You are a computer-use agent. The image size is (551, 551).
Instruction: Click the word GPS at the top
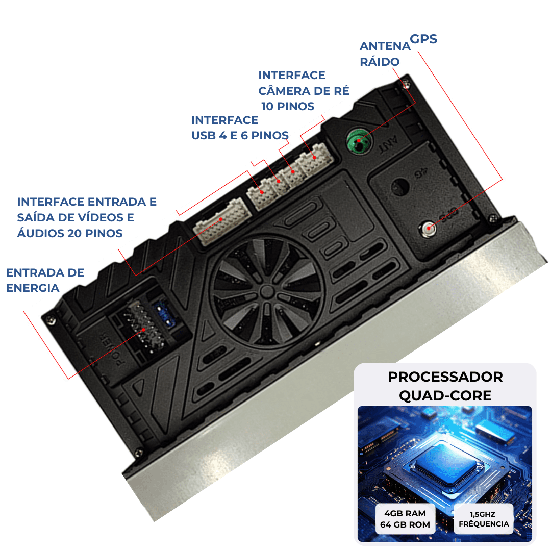423,39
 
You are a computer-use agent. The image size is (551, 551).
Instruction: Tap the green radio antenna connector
359,141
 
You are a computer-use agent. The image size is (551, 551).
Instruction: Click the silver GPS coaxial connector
428,229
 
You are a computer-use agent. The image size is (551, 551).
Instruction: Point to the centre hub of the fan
267,291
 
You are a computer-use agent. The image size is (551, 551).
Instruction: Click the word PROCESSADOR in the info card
445,377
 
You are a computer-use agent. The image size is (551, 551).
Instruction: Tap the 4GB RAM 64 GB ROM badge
405,519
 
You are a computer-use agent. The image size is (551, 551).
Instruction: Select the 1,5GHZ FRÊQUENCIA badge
484,519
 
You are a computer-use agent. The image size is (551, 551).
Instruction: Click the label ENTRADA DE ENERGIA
45,280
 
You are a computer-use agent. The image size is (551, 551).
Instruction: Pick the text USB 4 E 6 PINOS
240,135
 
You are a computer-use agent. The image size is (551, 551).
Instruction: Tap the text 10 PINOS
288,106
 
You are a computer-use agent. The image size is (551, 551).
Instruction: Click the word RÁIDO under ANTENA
380,62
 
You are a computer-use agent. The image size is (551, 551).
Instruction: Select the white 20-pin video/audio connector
222,221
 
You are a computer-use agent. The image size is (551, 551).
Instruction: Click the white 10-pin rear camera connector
314,159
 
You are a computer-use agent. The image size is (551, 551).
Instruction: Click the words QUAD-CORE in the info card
445,396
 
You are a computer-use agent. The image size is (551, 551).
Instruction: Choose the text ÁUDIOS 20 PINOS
70,233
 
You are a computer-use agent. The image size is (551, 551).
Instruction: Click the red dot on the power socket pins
143,330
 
